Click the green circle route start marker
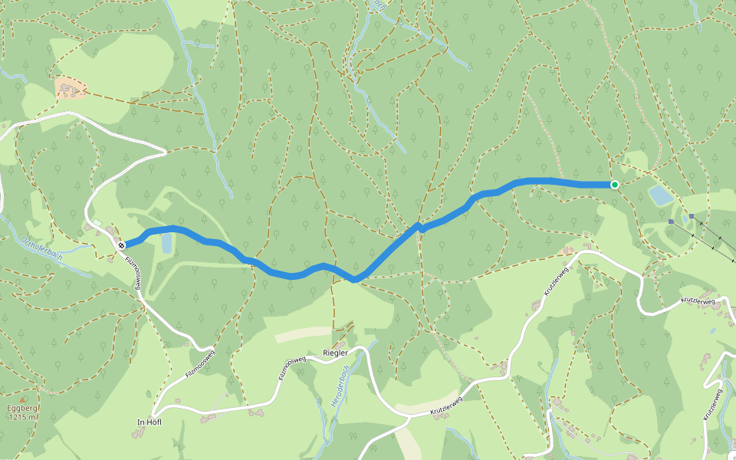[614, 184]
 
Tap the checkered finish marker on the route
[121, 245]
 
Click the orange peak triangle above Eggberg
[22, 399]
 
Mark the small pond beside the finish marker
[167, 244]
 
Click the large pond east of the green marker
[661, 195]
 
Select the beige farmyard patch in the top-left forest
[70, 88]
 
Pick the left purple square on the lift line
[671, 221]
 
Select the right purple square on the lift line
[692, 217]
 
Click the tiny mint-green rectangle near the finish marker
[97, 223]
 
